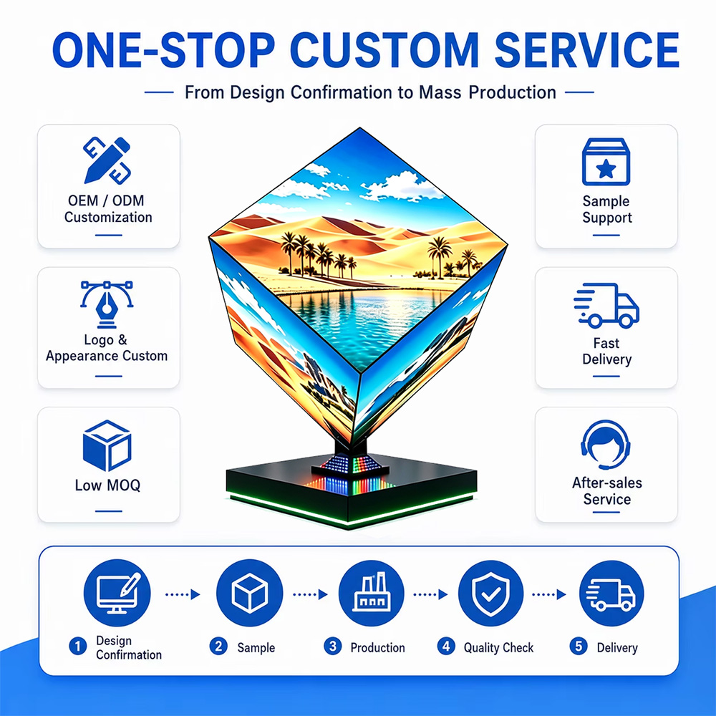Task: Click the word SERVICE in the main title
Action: (x=587, y=50)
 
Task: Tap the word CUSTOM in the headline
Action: (x=384, y=50)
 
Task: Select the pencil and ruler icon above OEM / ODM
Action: (x=107, y=160)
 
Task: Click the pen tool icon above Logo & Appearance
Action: (x=107, y=304)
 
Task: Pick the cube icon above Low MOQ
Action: (x=107, y=445)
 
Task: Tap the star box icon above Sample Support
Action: (x=606, y=162)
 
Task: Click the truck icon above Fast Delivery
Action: (x=606, y=305)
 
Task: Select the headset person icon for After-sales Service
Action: (x=606, y=445)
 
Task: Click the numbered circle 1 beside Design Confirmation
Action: (x=78, y=646)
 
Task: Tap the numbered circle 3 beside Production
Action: (x=333, y=646)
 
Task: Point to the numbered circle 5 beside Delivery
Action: (x=579, y=646)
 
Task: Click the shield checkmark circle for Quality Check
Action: (x=490, y=593)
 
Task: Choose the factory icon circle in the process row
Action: (x=371, y=593)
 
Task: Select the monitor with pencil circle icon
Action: (x=117, y=593)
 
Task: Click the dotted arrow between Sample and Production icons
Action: (x=311, y=594)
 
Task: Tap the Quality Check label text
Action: (x=498, y=647)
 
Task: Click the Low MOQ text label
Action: (x=108, y=485)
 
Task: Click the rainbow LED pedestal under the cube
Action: (x=350, y=470)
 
